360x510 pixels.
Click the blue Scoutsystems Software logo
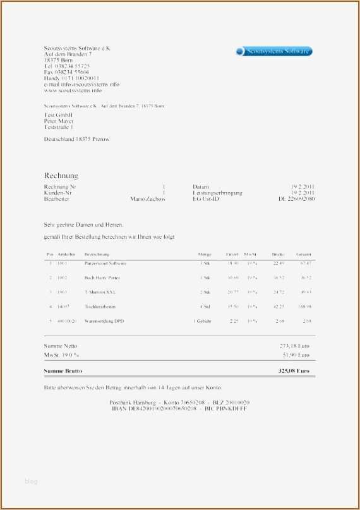pyautogui.click(x=273, y=51)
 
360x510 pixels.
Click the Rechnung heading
pyautogui.click(x=61, y=175)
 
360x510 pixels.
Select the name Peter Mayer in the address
pyautogui.click(x=59, y=121)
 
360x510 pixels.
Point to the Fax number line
pyautogui.click(x=66, y=73)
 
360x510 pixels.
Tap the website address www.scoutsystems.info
pyautogui.click(x=73, y=90)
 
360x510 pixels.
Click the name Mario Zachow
pyautogui.click(x=148, y=199)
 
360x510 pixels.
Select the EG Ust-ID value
pyautogui.click(x=297, y=199)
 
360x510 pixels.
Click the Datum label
pyautogui.click(x=201, y=187)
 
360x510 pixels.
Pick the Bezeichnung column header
pyautogui.click(x=97, y=253)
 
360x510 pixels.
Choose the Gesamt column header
pyautogui.click(x=304, y=253)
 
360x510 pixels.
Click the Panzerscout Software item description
pyautogui.click(x=105, y=263)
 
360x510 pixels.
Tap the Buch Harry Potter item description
pyautogui.click(x=102, y=277)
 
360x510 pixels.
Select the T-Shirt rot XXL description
pyautogui.click(x=100, y=292)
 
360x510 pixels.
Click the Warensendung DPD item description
pyautogui.click(x=104, y=321)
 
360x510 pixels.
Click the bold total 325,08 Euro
pyautogui.click(x=295, y=370)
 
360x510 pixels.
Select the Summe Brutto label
pyautogui.click(x=63, y=370)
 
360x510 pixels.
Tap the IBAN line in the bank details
pyautogui.click(x=179, y=409)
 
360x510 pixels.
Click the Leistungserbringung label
pyautogui.click(x=217, y=193)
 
